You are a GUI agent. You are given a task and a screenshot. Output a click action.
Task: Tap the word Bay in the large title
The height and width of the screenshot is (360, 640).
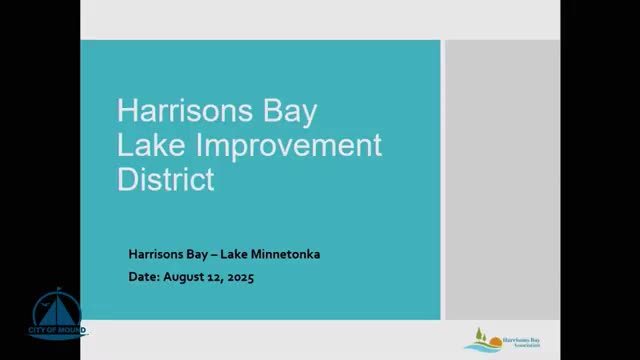[x=288, y=109]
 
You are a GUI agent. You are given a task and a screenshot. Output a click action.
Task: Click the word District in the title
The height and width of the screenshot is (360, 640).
[x=166, y=180]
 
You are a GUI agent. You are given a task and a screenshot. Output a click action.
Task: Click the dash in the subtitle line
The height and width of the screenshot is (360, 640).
[x=225, y=254]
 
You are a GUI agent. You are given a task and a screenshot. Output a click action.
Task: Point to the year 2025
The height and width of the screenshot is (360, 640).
[x=240, y=277]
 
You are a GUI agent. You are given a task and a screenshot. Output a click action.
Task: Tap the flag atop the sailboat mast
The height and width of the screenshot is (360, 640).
[x=60, y=289]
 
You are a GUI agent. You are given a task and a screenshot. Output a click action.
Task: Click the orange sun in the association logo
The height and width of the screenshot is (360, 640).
[x=490, y=339]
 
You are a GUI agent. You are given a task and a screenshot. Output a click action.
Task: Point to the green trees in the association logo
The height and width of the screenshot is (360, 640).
[x=478, y=333]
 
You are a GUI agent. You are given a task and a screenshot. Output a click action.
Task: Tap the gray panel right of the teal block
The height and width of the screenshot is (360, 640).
[x=502, y=180]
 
